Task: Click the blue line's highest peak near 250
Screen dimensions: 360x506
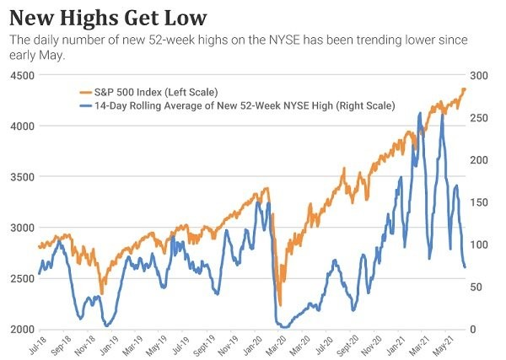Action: point(443,113)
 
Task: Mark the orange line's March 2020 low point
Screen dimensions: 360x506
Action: point(280,304)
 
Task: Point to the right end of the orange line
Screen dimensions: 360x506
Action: point(465,89)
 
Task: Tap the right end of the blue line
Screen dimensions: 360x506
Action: point(465,267)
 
